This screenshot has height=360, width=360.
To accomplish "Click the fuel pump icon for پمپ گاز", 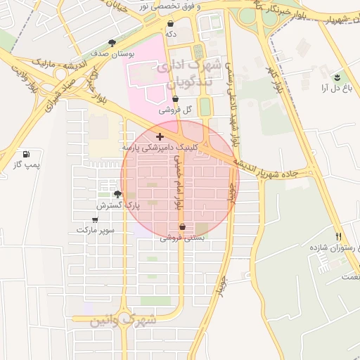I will (26, 154).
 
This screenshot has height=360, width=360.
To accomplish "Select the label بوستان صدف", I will (108, 53).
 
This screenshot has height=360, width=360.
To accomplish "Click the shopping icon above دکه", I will (170, 23).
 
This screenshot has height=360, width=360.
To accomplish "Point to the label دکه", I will (170, 33).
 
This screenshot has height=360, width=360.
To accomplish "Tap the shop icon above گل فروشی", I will (174, 100).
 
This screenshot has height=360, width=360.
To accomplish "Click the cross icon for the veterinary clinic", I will (160, 136).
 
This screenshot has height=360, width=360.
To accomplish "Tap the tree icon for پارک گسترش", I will (117, 194).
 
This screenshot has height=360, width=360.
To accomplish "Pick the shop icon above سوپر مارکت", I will (94, 219).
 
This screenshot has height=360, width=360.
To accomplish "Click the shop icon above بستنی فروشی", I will (183, 227).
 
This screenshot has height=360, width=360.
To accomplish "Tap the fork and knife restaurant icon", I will (339, 236).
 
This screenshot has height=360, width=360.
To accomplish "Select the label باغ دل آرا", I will (335, 88).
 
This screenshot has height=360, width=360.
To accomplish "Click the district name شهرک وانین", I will (122, 320).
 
